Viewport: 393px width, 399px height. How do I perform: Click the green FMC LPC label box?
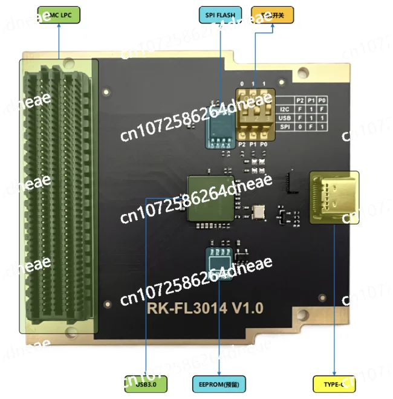[58, 15]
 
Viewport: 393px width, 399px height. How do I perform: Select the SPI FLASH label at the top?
[220, 15]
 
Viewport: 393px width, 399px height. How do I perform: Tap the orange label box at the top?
[272, 15]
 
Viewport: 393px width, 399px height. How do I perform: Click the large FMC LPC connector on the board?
[59, 195]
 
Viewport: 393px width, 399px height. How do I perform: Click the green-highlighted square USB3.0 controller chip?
[210, 198]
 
